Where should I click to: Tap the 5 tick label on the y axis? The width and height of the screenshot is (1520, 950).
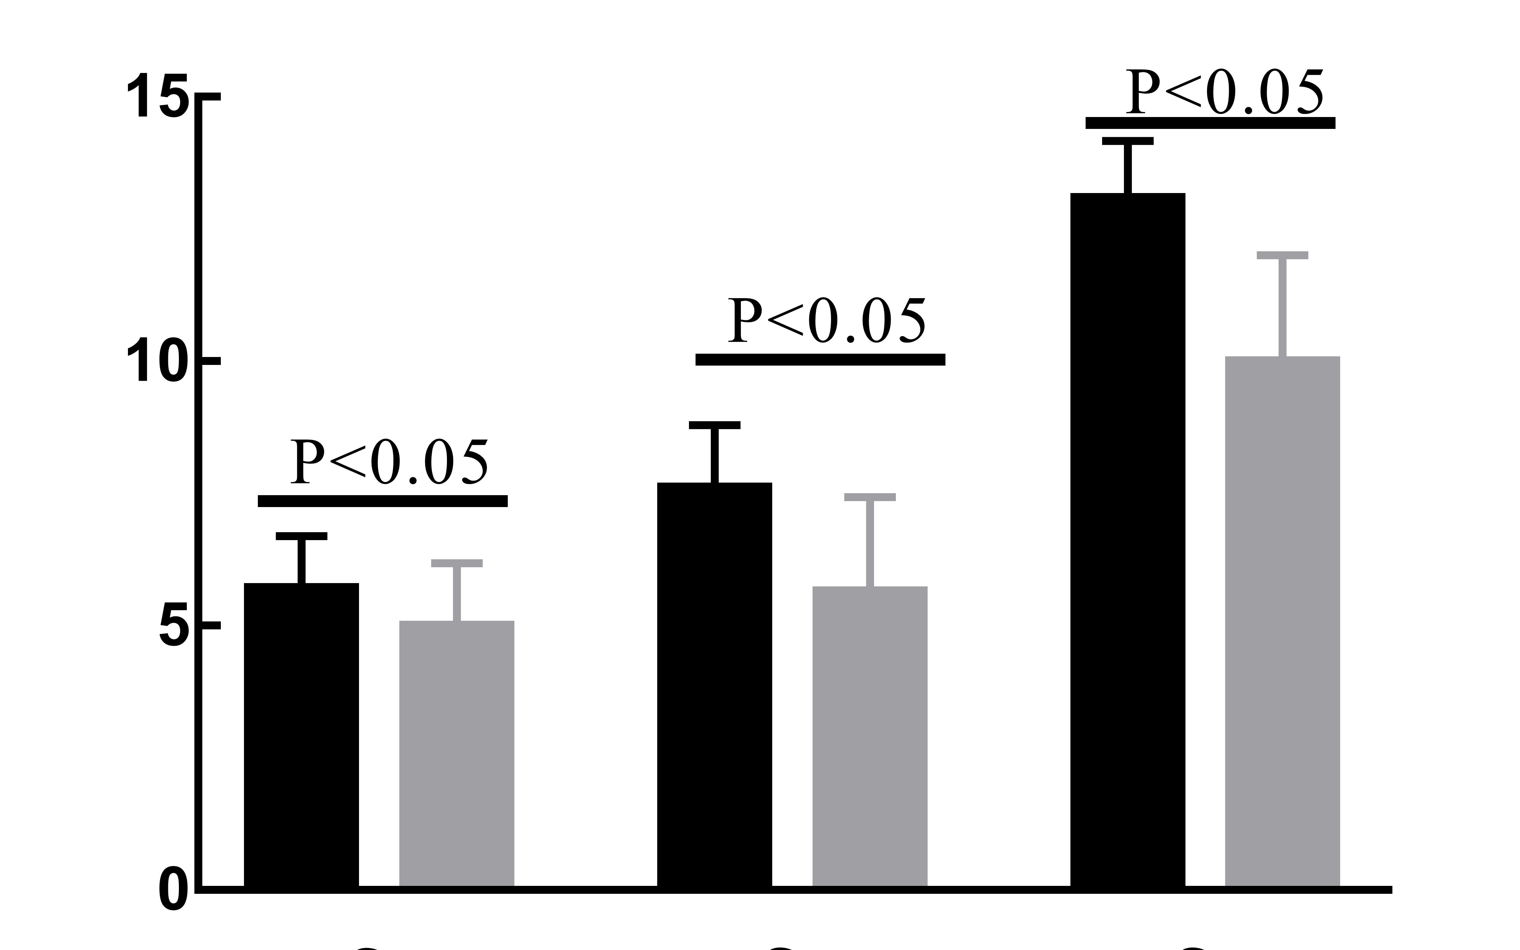pyautogui.click(x=174, y=625)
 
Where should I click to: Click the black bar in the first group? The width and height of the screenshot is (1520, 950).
pyautogui.click(x=301, y=735)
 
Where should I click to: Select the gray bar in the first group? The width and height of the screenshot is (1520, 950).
pyautogui.click(x=457, y=754)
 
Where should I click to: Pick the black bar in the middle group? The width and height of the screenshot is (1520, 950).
pyautogui.click(x=714, y=685)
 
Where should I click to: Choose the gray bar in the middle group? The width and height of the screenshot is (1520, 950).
pyautogui.click(x=870, y=736)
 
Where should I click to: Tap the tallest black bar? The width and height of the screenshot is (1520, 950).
pyautogui.click(x=1127, y=540)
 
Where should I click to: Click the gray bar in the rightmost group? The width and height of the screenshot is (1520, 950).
pyautogui.click(x=1283, y=622)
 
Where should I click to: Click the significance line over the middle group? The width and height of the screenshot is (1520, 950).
pyautogui.click(x=820, y=359)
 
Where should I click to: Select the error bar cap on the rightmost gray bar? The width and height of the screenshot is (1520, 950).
pyautogui.click(x=1283, y=255)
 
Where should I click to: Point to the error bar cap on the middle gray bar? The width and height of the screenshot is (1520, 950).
pyautogui.click(x=870, y=497)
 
